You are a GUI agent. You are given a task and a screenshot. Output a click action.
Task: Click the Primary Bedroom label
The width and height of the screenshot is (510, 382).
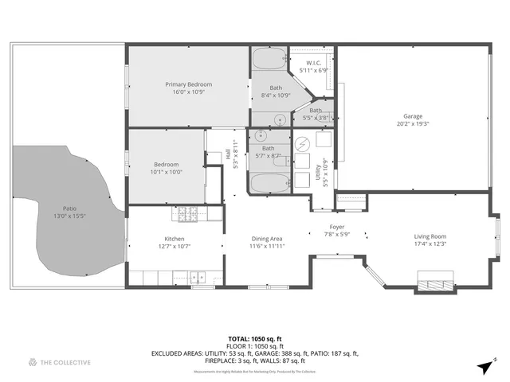point(189,84)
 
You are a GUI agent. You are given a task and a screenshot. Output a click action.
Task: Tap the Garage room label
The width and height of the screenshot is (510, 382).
point(412,116)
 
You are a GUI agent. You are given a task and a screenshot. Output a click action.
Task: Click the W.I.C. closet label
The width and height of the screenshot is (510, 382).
point(313,63)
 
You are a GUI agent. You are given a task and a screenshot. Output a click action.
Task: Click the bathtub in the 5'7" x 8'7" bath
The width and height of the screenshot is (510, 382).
point(270,184)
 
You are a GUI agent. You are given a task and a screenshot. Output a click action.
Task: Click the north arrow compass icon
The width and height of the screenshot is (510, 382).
point(485,367)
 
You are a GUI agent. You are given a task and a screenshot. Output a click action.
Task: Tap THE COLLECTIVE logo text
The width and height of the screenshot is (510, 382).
point(66,363)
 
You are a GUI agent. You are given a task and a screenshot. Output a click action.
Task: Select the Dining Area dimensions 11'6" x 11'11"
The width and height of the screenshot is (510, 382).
point(267,247)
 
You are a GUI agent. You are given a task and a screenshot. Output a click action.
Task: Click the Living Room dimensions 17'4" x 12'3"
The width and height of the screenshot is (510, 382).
point(430,244)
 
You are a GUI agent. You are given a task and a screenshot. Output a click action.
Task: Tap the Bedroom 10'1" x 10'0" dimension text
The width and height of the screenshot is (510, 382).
point(166,172)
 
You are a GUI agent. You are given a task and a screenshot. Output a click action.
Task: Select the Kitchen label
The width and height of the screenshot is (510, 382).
point(175,239)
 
